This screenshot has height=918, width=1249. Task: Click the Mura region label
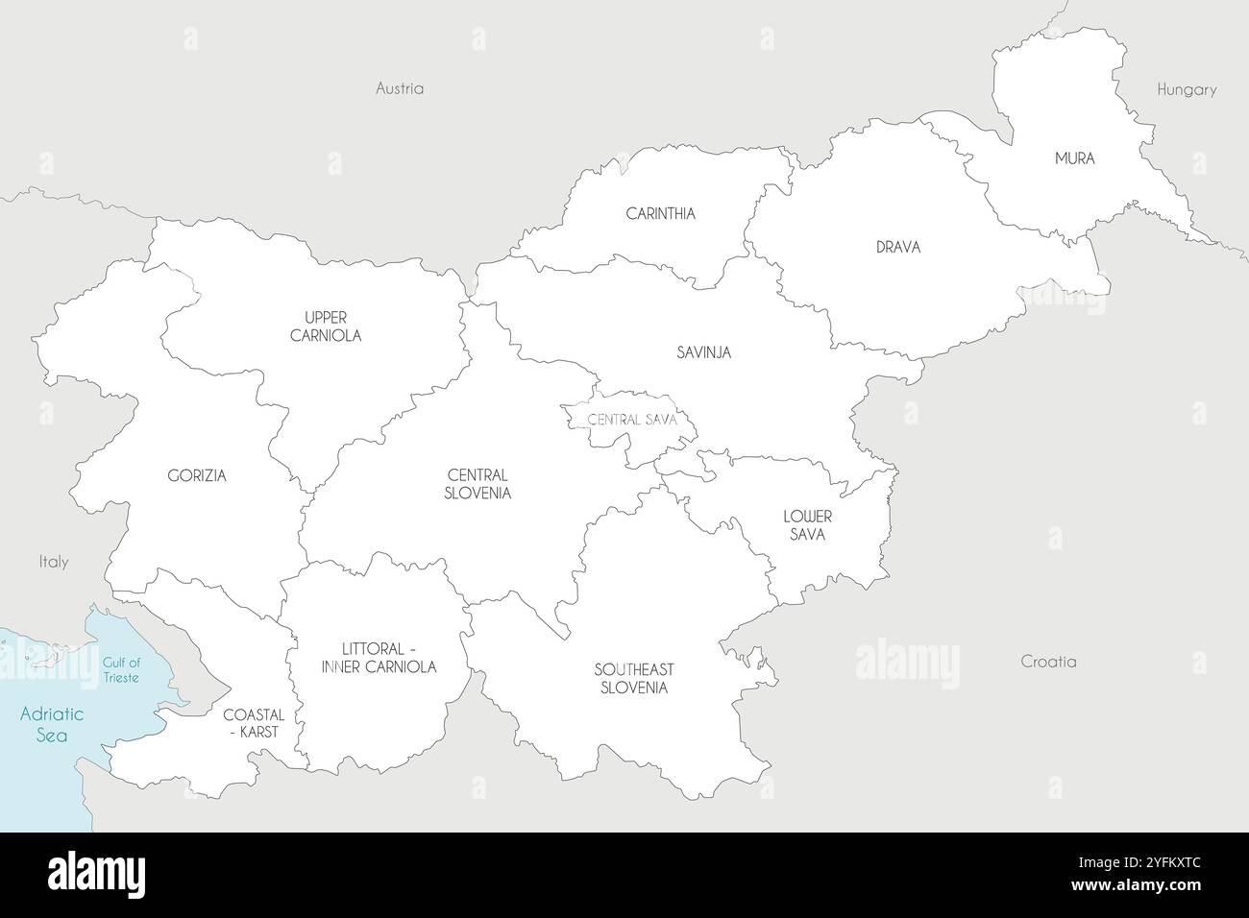coord(1074,158)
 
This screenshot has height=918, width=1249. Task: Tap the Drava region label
coord(897,247)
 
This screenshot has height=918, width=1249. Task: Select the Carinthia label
coord(660,213)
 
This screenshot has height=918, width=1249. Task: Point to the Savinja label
coord(702,352)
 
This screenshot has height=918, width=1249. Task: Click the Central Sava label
coord(632,420)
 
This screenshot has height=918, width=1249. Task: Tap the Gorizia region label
coord(197,475)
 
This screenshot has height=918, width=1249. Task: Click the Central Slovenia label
coord(478,484)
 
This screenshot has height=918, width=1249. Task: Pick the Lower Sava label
coord(807,525)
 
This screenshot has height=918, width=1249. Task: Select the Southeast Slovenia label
coord(633,678)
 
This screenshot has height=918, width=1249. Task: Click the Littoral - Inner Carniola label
coord(379,657)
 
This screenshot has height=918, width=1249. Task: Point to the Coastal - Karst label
coord(254,723)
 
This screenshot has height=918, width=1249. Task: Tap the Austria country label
coord(400,88)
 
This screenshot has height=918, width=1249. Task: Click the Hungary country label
coord(1187,89)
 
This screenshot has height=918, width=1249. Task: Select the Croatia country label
coord(1048,662)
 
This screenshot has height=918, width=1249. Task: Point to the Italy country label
coord(54,562)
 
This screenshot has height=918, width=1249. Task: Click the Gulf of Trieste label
coord(121,669)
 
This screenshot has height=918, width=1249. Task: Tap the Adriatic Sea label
coord(53,724)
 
